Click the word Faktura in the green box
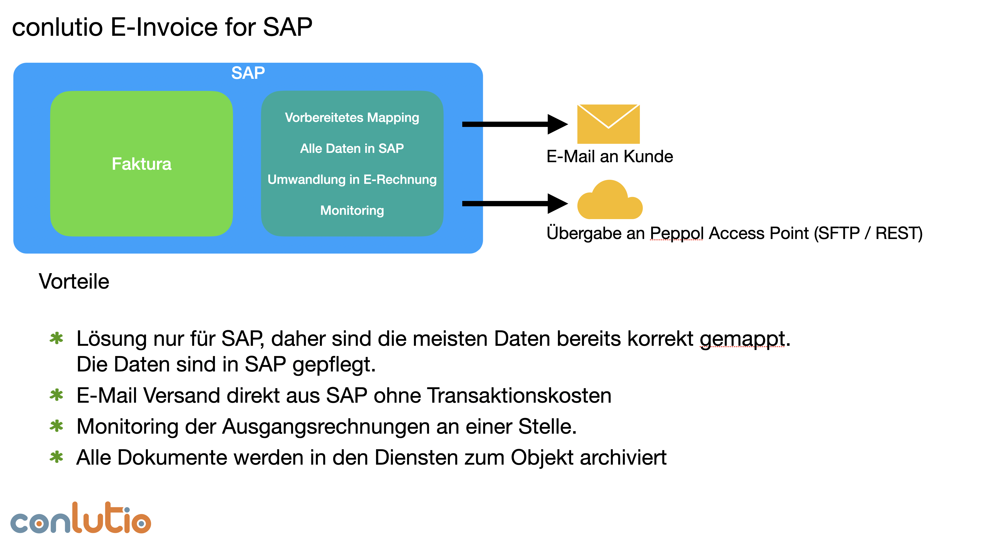[x=141, y=164]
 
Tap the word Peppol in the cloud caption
[x=676, y=233]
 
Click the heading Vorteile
[x=74, y=281]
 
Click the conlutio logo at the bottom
[x=81, y=519]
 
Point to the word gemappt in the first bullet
[x=742, y=339]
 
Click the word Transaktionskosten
[x=519, y=395]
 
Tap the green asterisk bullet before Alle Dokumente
[x=56, y=457]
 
